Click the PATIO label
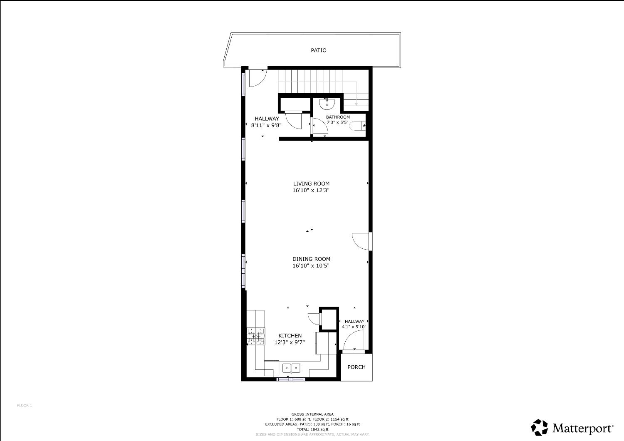click(x=319, y=50)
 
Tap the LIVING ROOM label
click(x=311, y=183)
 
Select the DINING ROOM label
click(x=311, y=259)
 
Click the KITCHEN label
click(x=290, y=336)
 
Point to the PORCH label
click(x=357, y=367)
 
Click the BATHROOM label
click(x=338, y=117)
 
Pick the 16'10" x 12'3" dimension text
click(x=311, y=191)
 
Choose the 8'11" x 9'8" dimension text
click(x=267, y=125)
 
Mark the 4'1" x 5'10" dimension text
click(x=354, y=327)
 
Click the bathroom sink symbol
click(x=327, y=103)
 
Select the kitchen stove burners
click(x=256, y=336)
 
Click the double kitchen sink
click(x=291, y=368)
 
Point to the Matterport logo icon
click(x=540, y=427)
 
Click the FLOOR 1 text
click(x=24, y=405)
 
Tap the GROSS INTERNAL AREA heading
click(x=312, y=414)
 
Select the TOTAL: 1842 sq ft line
click(x=312, y=429)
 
